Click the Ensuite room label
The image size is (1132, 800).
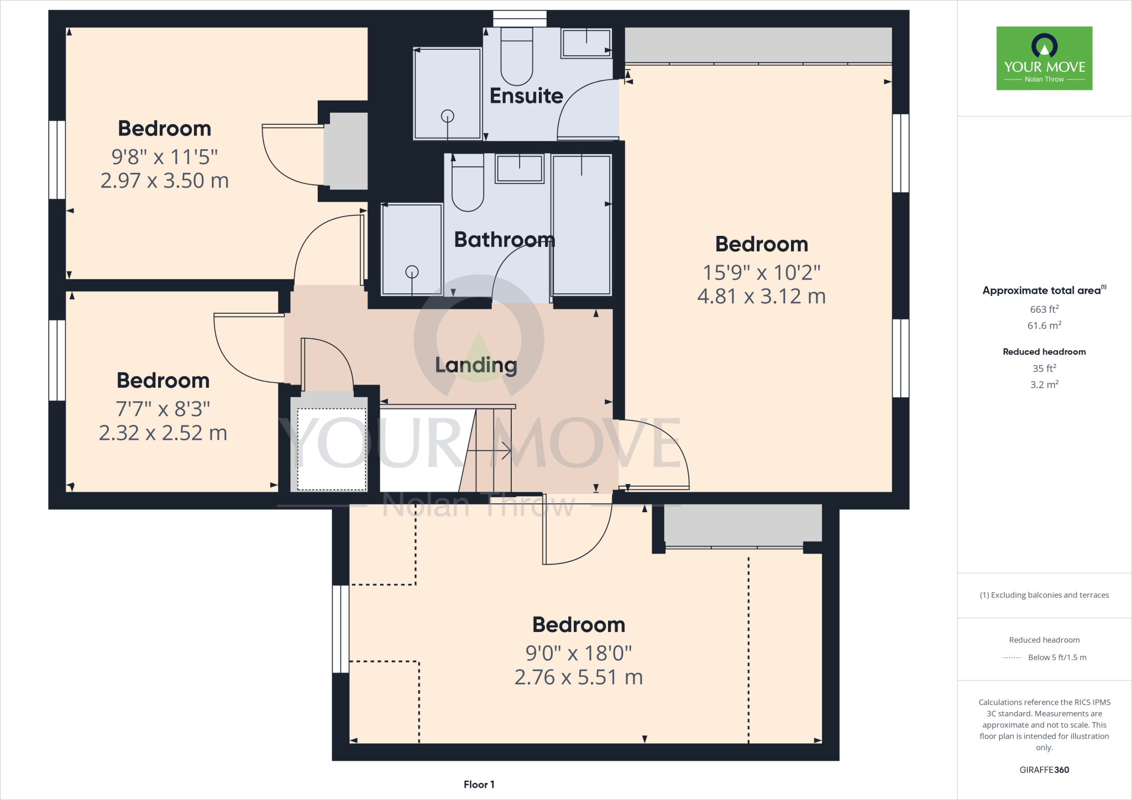[x=526, y=96]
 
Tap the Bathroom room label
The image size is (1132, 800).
[x=504, y=240]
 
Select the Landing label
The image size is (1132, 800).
[x=476, y=365]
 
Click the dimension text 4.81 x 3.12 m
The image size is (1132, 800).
[x=761, y=297]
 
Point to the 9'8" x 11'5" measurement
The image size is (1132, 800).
[x=165, y=157]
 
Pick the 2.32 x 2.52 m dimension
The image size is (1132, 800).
[x=163, y=433]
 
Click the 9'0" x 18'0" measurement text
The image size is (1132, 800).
[x=578, y=654]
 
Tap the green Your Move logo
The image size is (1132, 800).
[x=1044, y=58]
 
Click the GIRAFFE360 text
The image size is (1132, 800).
[x=1044, y=770]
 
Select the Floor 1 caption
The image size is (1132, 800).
[x=479, y=785]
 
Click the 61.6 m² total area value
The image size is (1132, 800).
[x=1044, y=325]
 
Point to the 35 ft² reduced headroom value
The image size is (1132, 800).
[x=1044, y=368]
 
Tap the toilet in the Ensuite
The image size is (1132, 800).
[x=517, y=58]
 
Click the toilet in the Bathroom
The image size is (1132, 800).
[x=468, y=185]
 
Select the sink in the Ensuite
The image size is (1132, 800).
[x=586, y=43]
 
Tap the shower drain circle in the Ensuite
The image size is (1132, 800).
[x=447, y=116]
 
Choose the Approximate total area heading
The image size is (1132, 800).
[x=1042, y=291]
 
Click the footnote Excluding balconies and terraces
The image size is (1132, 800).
[x=1044, y=595]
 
